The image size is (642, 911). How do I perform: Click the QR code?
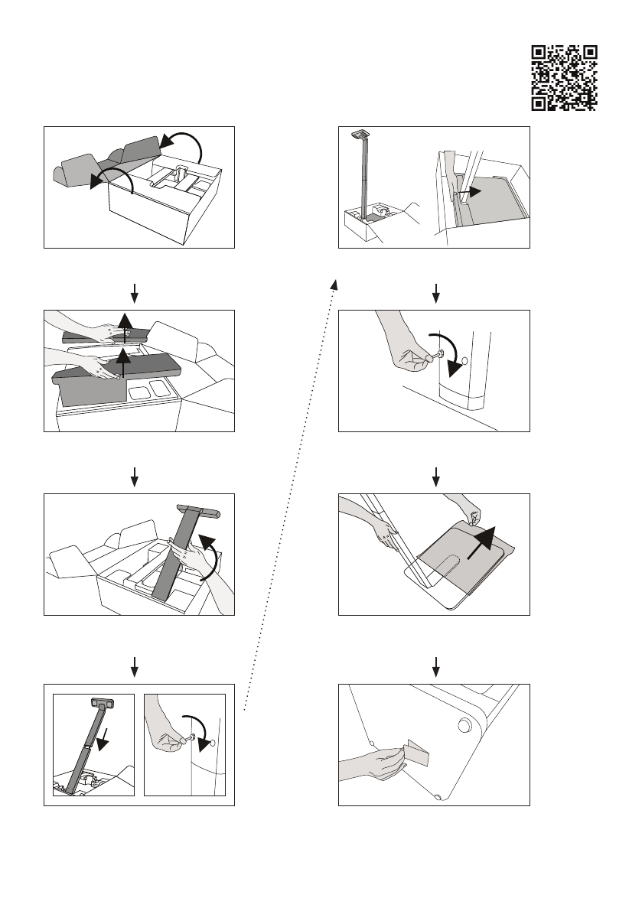point(563,76)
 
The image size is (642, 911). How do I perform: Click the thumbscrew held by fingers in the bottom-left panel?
point(193,737)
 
